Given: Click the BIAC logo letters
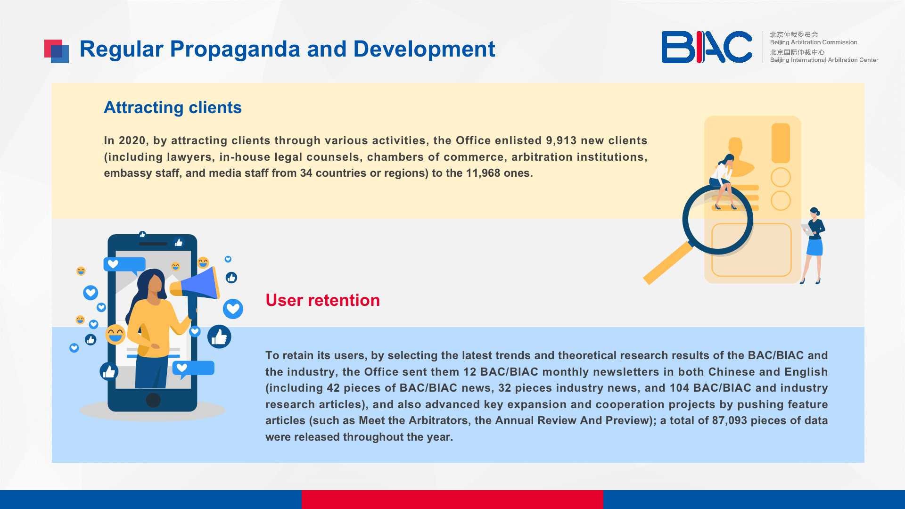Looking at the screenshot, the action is click(707, 47).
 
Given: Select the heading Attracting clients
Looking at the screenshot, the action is click(173, 108).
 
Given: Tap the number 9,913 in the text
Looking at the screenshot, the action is click(561, 141).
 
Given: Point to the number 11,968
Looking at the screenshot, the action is click(483, 173).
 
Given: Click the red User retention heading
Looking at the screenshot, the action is click(322, 300).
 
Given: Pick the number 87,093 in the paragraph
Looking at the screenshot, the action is click(729, 421).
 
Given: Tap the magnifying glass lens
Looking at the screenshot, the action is click(717, 220).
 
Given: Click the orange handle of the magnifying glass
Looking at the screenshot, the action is click(667, 263).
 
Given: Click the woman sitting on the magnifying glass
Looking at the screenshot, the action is click(724, 181).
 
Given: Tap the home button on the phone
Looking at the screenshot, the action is click(153, 400).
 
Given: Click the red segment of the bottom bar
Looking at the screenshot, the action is click(452, 500).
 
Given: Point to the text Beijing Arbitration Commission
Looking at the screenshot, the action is click(814, 42).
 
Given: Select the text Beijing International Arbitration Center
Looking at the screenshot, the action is click(824, 60).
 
